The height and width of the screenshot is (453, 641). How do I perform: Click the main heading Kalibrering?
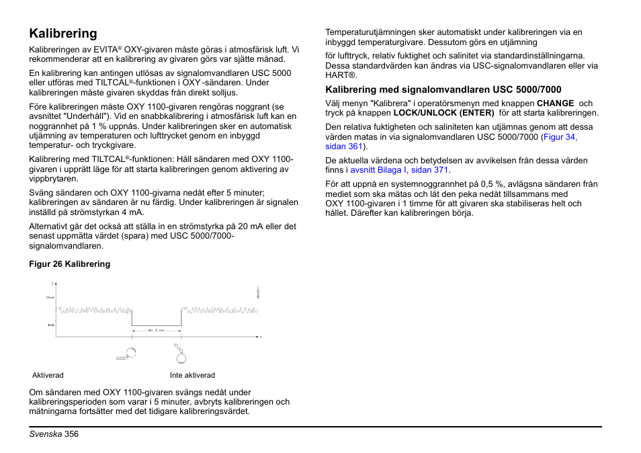click(x=63, y=34)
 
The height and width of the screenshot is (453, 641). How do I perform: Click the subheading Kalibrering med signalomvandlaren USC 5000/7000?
click(x=443, y=89)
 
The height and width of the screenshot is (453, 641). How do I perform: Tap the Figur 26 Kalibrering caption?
click(x=69, y=264)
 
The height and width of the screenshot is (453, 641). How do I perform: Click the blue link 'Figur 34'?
click(x=560, y=137)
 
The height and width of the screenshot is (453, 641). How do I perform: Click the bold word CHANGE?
click(x=555, y=104)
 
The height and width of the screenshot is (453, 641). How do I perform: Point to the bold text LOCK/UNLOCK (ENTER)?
click(x=443, y=113)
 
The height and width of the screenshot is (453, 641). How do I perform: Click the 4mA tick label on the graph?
click(x=50, y=325)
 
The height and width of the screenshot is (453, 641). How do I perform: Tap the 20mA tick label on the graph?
click(x=50, y=297)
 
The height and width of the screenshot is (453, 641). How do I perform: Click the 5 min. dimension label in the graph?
click(x=156, y=331)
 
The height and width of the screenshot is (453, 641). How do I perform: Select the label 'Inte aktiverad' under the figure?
click(x=192, y=375)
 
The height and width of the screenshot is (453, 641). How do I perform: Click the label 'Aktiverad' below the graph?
click(x=48, y=375)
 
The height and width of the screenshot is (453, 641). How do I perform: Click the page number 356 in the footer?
click(x=72, y=435)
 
